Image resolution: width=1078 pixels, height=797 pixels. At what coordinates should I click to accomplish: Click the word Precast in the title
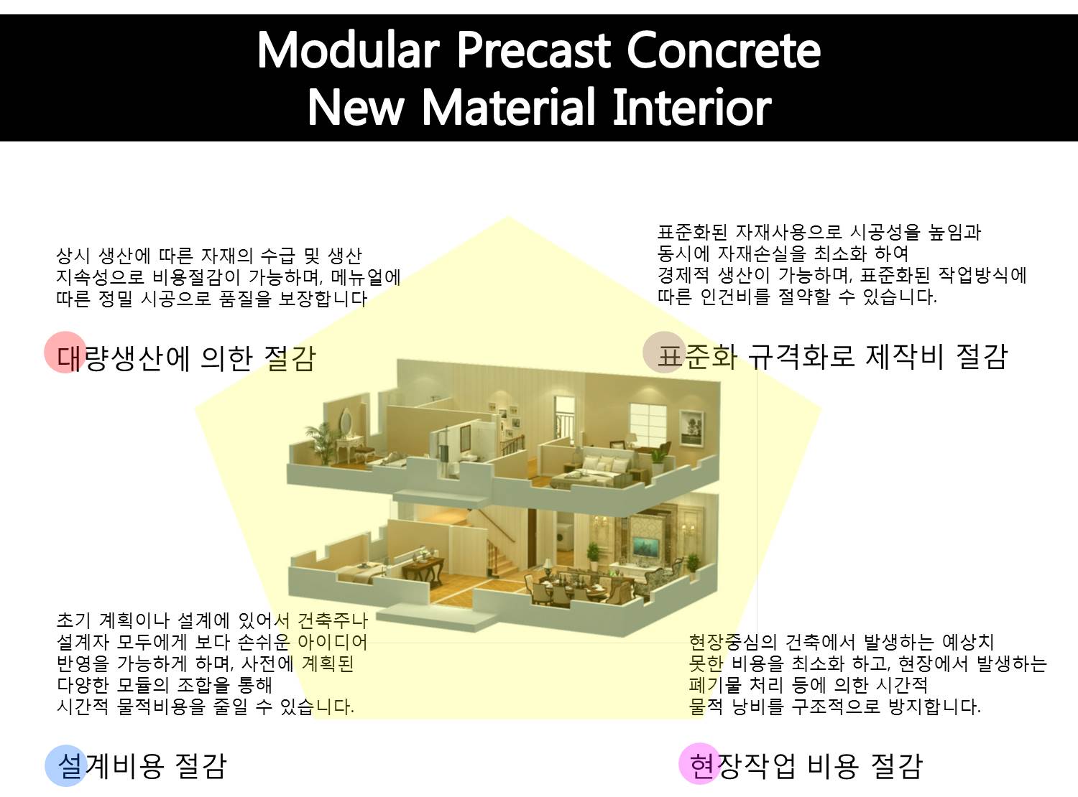coord(533,51)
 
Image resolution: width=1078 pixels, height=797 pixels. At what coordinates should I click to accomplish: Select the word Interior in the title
coord(691,107)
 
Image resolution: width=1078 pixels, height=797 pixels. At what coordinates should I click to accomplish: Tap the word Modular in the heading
coord(349,50)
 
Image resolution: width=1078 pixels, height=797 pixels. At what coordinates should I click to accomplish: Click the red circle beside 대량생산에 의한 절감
coord(65,352)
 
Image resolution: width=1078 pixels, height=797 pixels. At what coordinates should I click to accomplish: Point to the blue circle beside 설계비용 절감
coord(66,765)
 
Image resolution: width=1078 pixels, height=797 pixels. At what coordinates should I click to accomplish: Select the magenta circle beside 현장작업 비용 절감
coord(699,763)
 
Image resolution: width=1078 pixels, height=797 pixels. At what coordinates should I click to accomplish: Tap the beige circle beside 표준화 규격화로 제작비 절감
coord(663,352)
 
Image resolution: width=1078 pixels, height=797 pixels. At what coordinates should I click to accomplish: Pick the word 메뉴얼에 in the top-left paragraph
coord(366,277)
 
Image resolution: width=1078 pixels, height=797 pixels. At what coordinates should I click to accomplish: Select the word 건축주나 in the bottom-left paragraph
coord(333,620)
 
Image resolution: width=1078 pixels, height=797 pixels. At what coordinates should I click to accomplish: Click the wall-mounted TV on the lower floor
coord(647,547)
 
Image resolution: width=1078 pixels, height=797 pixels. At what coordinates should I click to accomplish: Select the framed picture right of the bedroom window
coord(691,427)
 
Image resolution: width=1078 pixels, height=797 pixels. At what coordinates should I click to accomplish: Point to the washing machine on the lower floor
coord(565,536)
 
